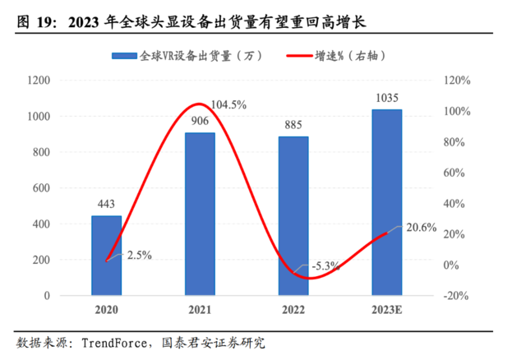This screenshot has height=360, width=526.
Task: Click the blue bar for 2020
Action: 106,255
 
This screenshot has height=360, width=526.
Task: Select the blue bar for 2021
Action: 199,214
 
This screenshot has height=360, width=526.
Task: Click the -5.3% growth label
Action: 324,265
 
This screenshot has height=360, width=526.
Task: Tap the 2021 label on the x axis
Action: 199,310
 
